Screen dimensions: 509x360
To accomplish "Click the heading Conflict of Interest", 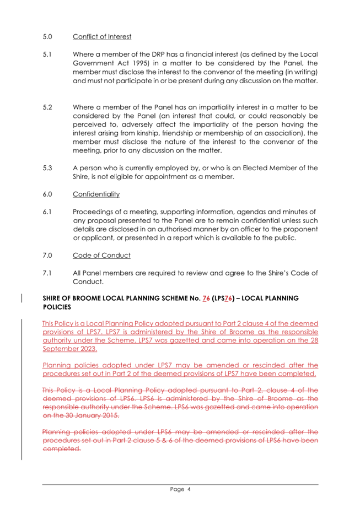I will tap(102, 37).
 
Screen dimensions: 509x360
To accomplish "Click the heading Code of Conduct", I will tap(101, 256).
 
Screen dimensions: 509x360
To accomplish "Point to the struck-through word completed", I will tap(61, 448).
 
